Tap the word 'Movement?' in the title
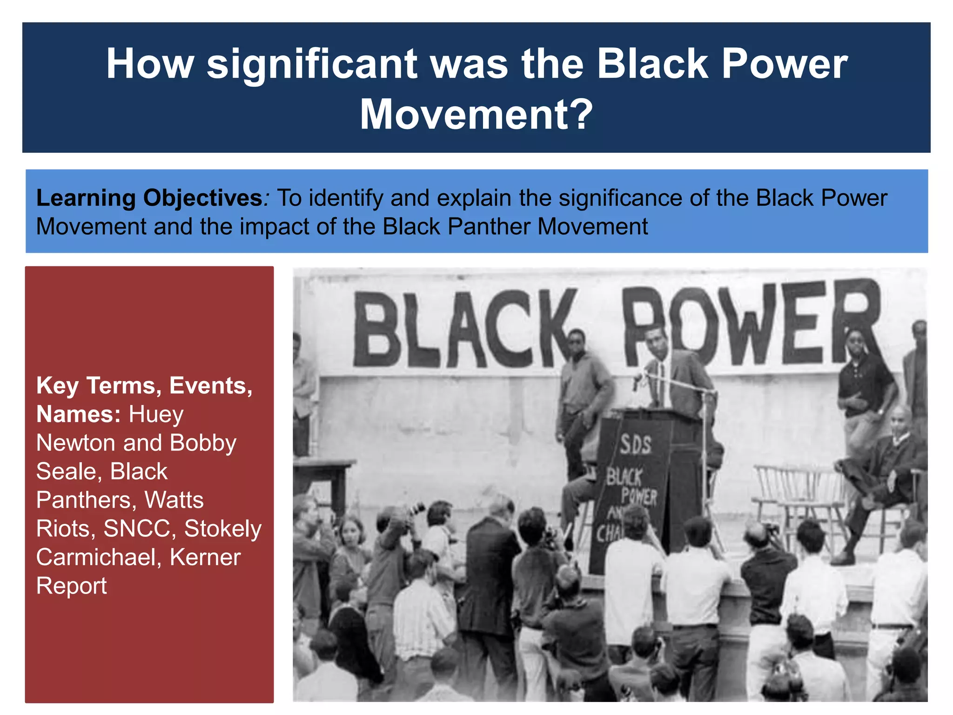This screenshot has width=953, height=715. [x=476, y=115]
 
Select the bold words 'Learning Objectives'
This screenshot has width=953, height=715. [x=149, y=198]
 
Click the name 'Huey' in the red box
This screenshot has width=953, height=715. [x=156, y=414]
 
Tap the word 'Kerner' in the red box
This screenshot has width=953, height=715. [x=205, y=557]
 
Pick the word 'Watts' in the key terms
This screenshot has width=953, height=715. [x=174, y=500]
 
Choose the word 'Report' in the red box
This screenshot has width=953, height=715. [x=72, y=586]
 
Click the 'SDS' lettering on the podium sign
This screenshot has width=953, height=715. [x=635, y=445]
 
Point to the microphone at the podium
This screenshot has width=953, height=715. [x=637, y=379]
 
